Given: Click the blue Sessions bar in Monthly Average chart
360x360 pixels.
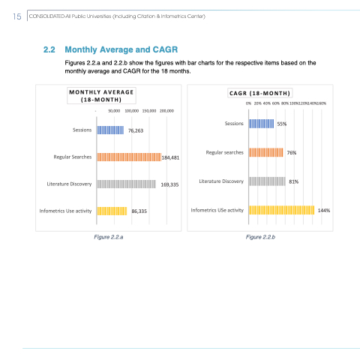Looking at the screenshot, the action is pyautogui.click(x=110, y=130).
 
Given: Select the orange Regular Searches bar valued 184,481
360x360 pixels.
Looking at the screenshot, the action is pyautogui.click(x=129, y=157).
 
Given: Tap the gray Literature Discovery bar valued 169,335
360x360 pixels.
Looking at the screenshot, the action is pyautogui.click(x=126, y=184).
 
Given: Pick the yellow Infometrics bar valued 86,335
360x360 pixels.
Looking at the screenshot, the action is pyautogui.click(x=112, y=211).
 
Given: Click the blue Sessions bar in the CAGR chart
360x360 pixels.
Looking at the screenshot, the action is pyautogui.click(x=261, y=124).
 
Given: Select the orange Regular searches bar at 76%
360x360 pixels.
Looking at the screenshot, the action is pyautogui.click(x=266, y=152).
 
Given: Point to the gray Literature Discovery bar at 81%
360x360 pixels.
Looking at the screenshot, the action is pyautogui.click(x=267, y=181).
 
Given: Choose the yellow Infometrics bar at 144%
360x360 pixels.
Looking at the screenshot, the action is pyautogui.click(x=282, y=210).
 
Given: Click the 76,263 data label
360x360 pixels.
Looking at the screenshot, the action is pyautogui.click(x=136, y=130).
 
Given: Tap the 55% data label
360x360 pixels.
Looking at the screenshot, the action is pyautogui.click(x=282, y=124).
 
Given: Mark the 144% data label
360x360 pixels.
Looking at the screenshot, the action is pyautogui.click(x=324, y=211).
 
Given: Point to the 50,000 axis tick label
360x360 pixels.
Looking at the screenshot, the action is pyautogui.click(x=114, y=111).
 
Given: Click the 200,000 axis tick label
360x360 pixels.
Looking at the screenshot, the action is pyautogui.click(x=166, y=111).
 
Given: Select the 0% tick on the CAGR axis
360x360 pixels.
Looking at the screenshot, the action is pyautogui.click(x=248, y=103).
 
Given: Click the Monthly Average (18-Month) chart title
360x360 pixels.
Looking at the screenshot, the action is pyautogui.click(x=101, y=96).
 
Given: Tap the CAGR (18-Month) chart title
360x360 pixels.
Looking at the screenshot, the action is pyautogui.click(x=259, y=94).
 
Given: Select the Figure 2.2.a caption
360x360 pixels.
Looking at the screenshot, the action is pyautogui.click(x=109, y=237).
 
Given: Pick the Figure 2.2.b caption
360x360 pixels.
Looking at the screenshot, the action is pyautogui.click(x=260, y=237).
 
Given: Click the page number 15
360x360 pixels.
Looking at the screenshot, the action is pyautogui.click(x=17, y=16).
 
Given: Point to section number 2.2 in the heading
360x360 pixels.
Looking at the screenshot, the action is pyautogui.click(x=49, y=49).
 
